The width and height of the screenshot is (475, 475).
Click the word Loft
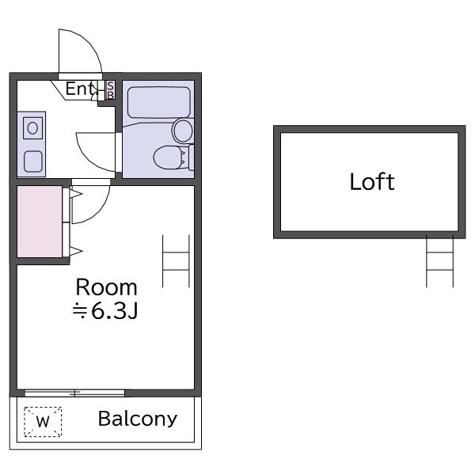[x=372, y=181]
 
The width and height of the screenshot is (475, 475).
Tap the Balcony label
[x=138, y=419]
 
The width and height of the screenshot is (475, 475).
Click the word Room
[x=106, y=287]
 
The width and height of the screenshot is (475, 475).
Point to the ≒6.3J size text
[x=105, y=311]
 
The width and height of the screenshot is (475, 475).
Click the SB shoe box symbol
[x=111, y=90]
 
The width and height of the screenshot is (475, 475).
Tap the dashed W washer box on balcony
[x=43, y=422]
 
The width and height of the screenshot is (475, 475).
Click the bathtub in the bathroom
[x=159, y=102]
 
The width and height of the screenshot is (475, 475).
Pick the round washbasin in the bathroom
[x=183, y=131]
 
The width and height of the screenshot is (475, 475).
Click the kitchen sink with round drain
[x=32, y=127]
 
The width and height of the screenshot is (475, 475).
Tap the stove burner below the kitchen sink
[x=33, y=161]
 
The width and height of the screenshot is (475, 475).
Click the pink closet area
[x=40, y=222]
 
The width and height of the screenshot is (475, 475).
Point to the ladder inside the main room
[x=176, y=260]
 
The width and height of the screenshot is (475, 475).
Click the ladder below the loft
[x=439, y=260]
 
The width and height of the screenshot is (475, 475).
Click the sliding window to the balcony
[x=75, y=393]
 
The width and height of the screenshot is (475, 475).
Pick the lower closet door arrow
[x=76, y=251]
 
